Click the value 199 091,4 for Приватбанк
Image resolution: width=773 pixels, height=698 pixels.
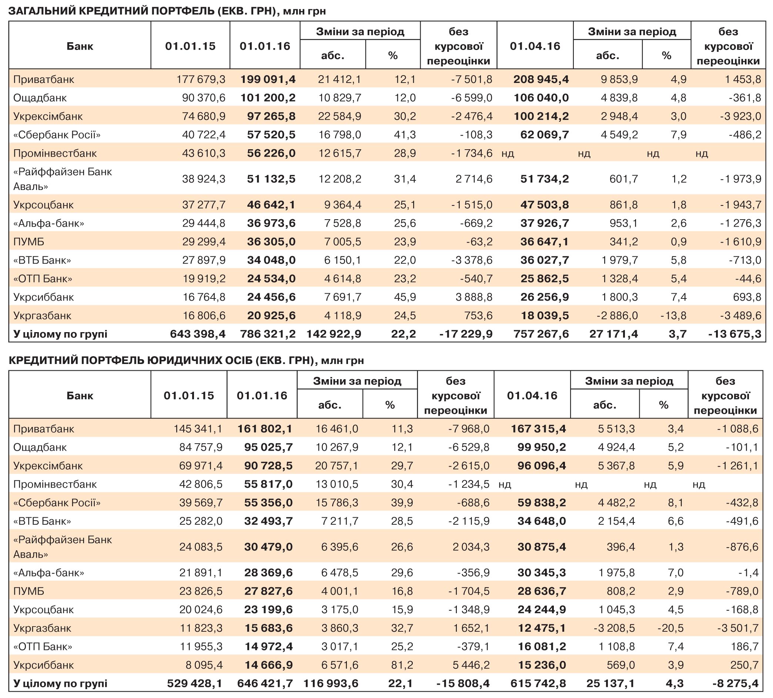(x=268, y=79)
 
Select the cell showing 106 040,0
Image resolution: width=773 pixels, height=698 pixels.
(x=541, y=98)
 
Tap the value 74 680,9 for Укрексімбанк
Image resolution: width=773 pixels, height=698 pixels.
(x=204, y=116)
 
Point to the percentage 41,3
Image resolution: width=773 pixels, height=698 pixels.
(x=405, y=135)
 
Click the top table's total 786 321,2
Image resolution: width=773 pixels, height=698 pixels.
(x=268, y=334)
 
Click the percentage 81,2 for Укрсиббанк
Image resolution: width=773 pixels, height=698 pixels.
(x=402, y=665)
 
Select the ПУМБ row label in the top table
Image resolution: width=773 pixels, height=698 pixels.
(x=29, y=241)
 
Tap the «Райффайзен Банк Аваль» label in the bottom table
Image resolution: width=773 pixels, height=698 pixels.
(x=63, y=547)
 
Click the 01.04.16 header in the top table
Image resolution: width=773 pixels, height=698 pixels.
(x=535, y=46)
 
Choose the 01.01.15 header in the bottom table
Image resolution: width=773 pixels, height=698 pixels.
(x=189, y=396)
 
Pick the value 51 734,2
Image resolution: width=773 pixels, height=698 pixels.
(x=544, y=179)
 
